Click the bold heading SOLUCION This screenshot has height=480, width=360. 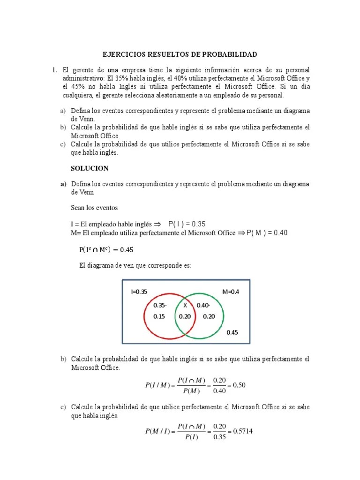(x=90, y=168)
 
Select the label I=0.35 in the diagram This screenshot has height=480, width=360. (x=139, y=291)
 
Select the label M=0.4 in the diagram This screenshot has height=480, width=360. (x=231, y=291)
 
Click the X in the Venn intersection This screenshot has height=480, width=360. (x=185, y=305)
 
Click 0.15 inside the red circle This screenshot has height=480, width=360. (x=159, y=316)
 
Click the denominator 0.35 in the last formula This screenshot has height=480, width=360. (x=219, y=437)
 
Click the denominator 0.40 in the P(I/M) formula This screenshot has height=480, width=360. (x=219, y=391)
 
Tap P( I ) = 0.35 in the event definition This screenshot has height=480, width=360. (x=187, y=224)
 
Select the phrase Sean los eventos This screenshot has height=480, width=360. (x=94, y=207)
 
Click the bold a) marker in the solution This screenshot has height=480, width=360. (x=63, y=184)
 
